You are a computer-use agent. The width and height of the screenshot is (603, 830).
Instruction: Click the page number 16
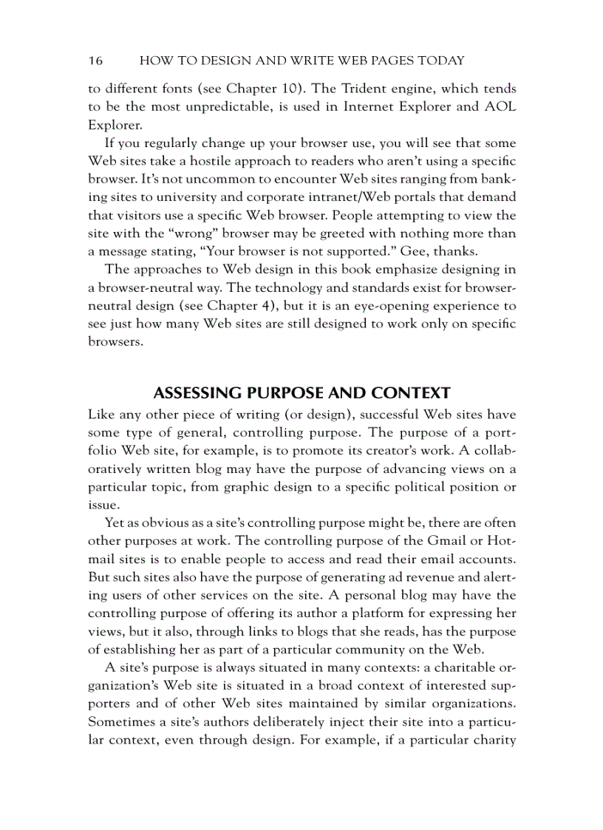[95, 60]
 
